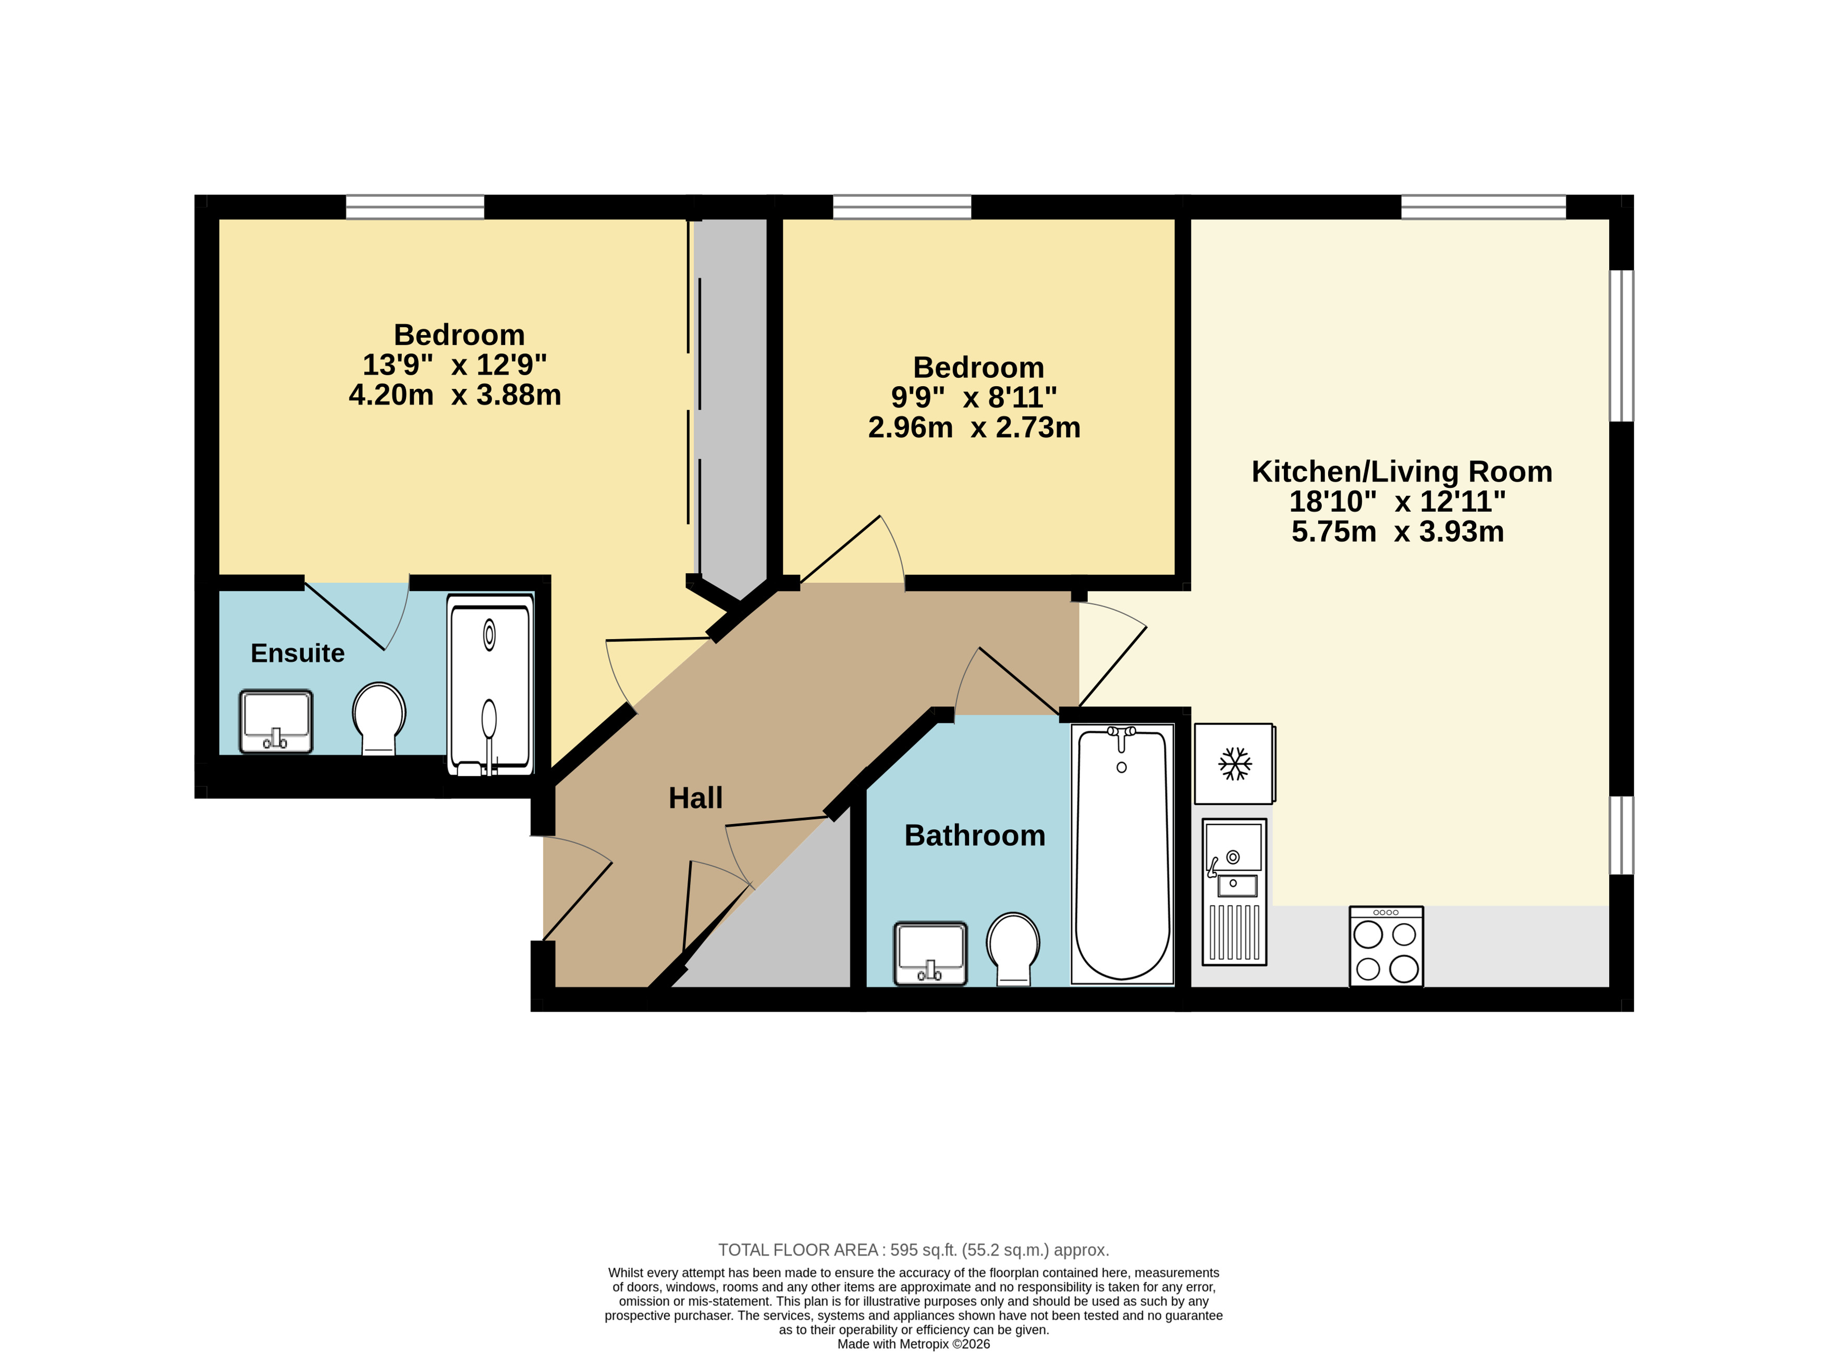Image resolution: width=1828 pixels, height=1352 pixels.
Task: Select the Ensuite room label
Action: [x=297, y=653]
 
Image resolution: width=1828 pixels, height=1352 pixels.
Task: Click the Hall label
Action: [x=695, y=798]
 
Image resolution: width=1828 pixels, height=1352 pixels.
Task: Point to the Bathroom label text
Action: [x=975, y=835]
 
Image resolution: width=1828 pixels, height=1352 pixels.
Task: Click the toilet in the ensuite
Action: [x=379, y=718]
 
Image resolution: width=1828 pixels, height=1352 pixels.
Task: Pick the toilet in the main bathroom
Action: [x=1013, y=949]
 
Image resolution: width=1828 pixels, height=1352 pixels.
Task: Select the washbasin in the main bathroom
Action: [x=930, y=953]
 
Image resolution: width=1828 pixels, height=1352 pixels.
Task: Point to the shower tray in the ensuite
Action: [x=490, y=684]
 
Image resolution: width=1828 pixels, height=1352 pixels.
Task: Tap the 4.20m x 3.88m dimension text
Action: [x=455, y=395]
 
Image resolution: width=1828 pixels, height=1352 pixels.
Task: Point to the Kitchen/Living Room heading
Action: [x=1402, y=472]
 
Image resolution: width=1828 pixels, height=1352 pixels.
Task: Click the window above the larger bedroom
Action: [x=415, y=207]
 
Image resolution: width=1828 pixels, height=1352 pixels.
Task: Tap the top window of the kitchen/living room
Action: [x=1483, y=207]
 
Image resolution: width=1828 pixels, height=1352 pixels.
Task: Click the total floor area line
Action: [x=913, y=1250]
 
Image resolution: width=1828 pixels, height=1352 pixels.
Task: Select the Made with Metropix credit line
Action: [x=913, y=1344]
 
